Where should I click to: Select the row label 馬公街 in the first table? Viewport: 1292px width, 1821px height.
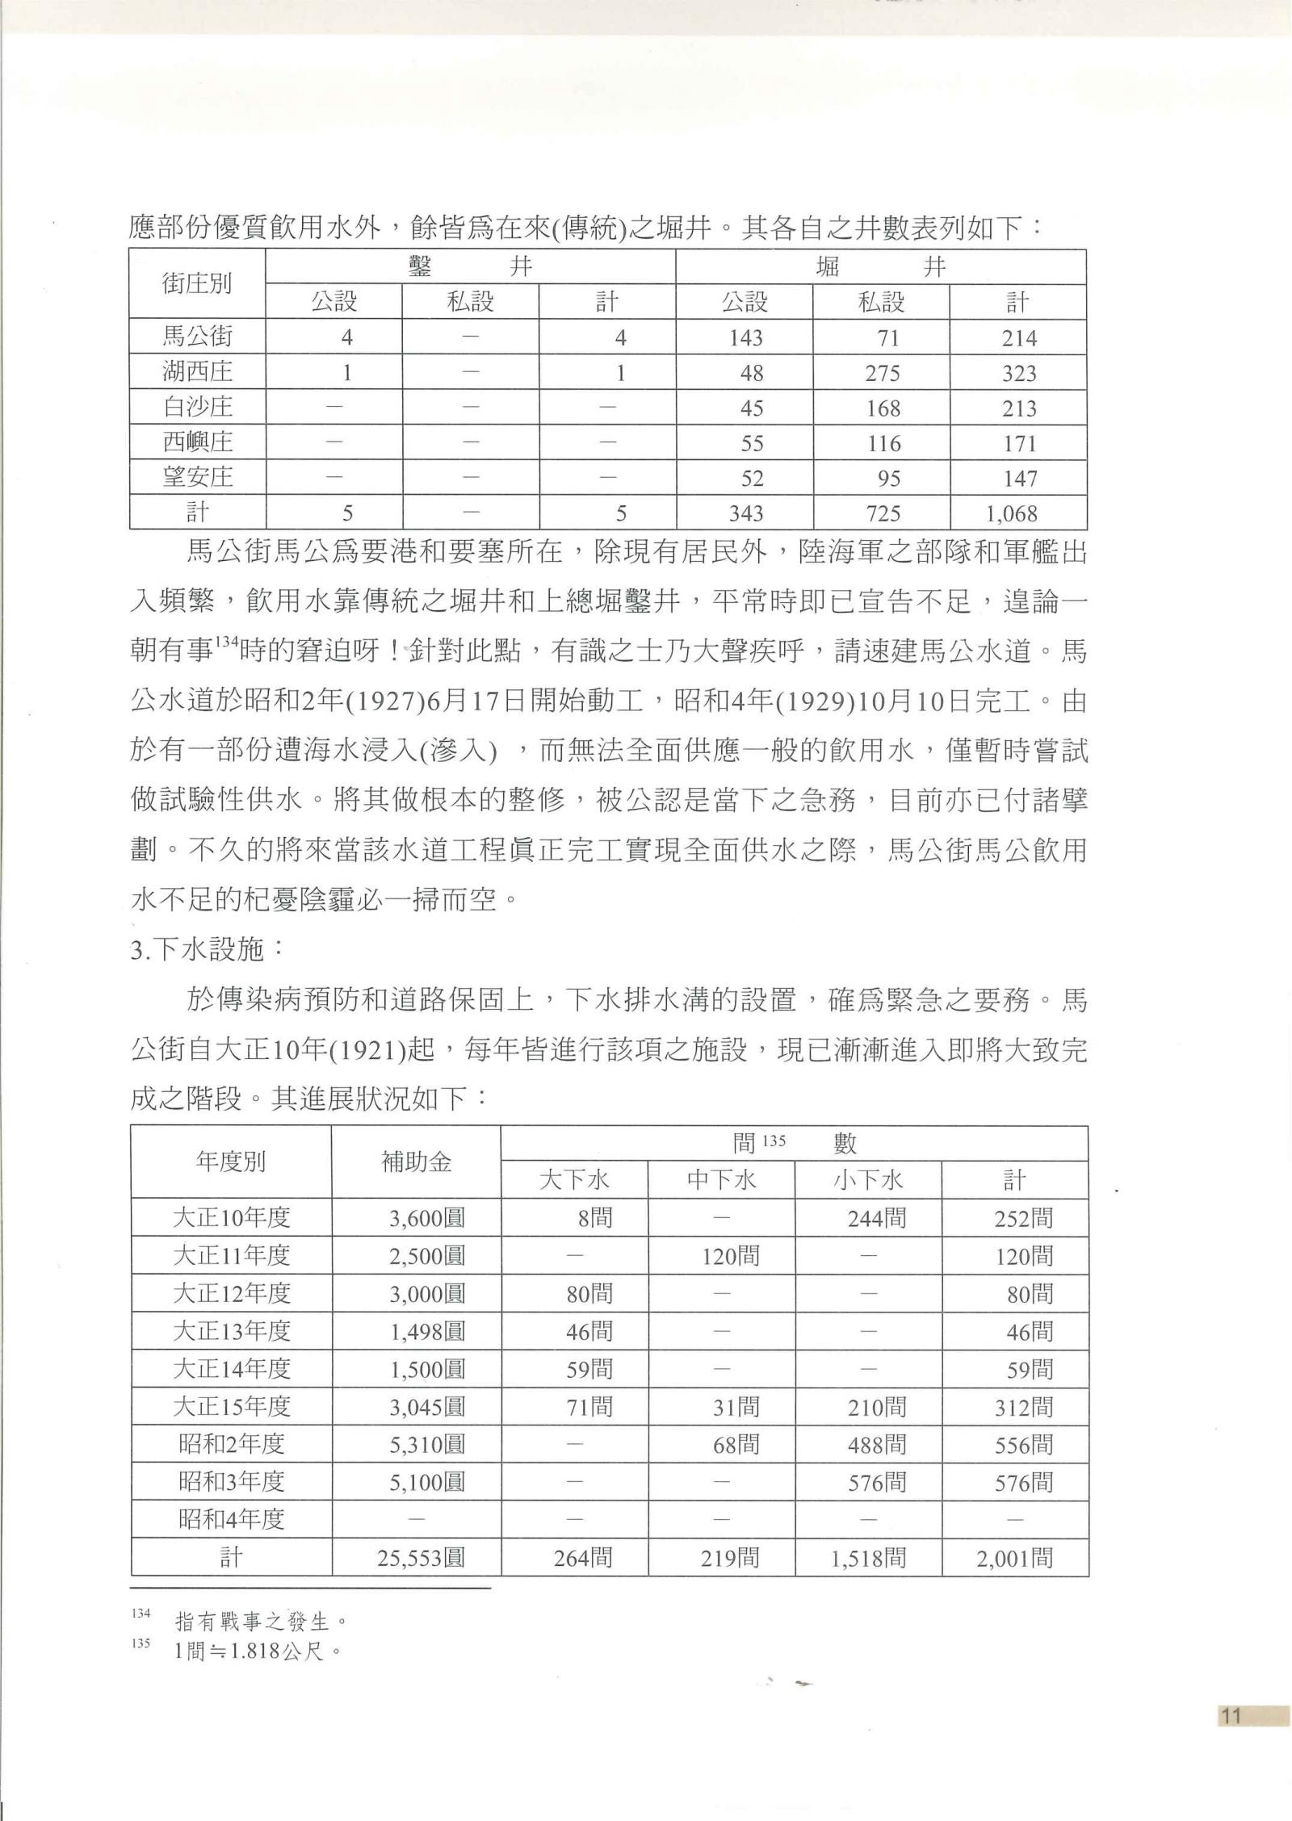pyautogui.click(x=198, y=336)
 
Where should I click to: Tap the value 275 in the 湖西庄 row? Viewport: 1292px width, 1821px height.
pyautogui.click(x=883, y=373)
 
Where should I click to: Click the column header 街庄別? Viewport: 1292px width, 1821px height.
pyautogui.click(x=198, y=284)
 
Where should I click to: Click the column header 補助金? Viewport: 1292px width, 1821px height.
pyautogui.click(x=416, y=1162)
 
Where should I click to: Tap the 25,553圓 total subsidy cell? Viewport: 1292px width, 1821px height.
pyautogui.click(x=421, y=1558)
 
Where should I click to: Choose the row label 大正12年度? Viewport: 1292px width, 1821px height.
pyautogui.click(x=231, y=1293)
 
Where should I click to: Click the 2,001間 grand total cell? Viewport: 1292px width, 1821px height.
pyautogui.click(x=1014, y=1558)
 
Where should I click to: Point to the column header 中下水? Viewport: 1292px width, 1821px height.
pyautogui.click(x=721, y=1180)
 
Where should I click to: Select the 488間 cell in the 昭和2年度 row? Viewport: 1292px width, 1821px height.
pyautogui.click(x=876, y=1444)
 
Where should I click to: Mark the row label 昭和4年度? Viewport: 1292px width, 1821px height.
pyautogui.click(x=231, y=1520)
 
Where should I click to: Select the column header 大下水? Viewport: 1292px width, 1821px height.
pyautogui.click(x=574, y=1180)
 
